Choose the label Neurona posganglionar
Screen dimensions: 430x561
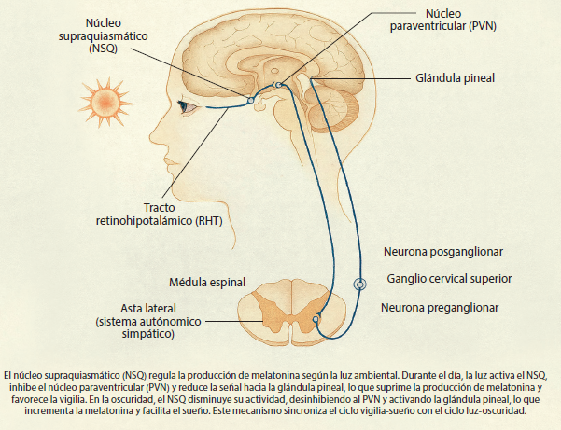coord(444,251)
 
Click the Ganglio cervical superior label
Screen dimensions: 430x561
coord(449,278)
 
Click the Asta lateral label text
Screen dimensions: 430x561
coord(148,307)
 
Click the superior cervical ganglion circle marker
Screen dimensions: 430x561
coord(359,284)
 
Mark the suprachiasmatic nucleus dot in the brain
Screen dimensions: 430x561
coord(250,99)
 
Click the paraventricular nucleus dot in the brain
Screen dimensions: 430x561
coord(277,86)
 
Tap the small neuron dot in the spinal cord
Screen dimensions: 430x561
coord(316,319)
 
